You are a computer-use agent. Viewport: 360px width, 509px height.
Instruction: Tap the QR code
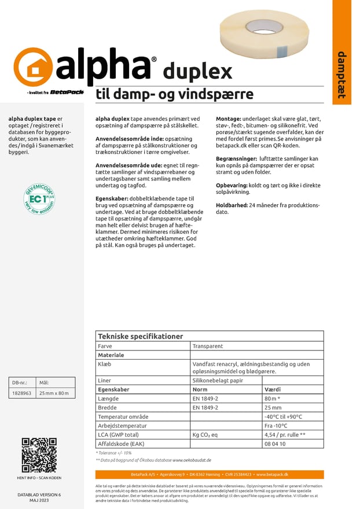39,455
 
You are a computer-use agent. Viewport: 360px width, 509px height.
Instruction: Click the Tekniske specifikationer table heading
140,336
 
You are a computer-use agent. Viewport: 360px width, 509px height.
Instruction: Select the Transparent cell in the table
208,346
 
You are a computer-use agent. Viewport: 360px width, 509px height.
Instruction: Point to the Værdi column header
273,390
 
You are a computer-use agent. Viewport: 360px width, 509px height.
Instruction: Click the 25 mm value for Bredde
273,407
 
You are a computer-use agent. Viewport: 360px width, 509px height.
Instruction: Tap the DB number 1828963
22,393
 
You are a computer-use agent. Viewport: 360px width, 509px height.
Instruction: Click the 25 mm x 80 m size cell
53,393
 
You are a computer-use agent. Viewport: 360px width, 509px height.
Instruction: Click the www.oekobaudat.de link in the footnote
192,460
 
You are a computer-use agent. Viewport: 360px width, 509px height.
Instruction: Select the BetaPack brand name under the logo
67,92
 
